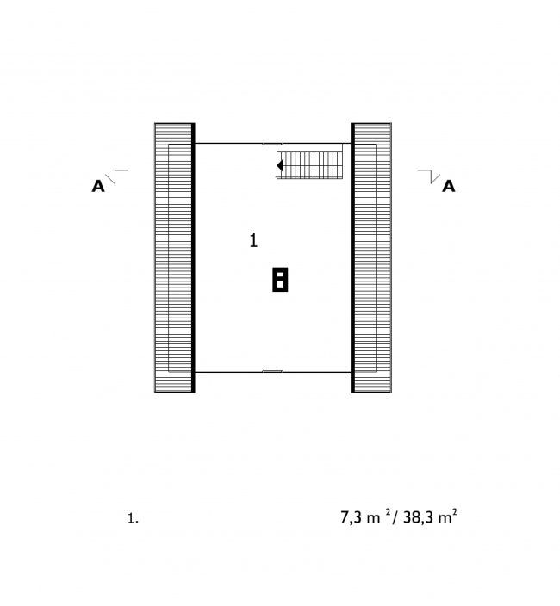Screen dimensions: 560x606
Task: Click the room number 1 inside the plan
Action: [x=253, y=240]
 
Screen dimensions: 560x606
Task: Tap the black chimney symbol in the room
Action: [x=280, y=279]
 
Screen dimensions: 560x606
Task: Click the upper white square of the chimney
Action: [x=280, y=275]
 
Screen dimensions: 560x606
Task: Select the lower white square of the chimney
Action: [x=280, y=284]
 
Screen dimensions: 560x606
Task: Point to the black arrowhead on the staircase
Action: [x=280, y=165]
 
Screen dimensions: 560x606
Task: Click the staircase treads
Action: [x=310, y=165]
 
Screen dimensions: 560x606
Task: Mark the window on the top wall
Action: [x=272, y=144]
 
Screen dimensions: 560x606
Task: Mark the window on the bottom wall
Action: [x=272, y=371]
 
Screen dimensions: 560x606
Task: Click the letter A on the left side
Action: [x=98, y=186]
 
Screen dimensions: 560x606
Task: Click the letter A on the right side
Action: [x=449, y=186]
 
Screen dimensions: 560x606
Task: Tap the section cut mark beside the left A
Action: [x=116, y=176]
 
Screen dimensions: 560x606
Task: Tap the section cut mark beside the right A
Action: [x=429, y=176]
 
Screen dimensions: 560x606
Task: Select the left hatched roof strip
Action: [x=173, y=257]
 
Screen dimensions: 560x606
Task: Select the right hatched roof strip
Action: [x=373, y=257]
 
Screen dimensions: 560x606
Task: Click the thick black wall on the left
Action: [x=193, y=257]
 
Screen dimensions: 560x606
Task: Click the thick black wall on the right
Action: [x=352, y=257]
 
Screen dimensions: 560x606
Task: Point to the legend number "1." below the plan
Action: [x=133, y=518]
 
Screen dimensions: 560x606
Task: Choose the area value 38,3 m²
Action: [x=430, y=516]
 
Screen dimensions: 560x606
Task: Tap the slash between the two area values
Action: [x=395, y=517]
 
